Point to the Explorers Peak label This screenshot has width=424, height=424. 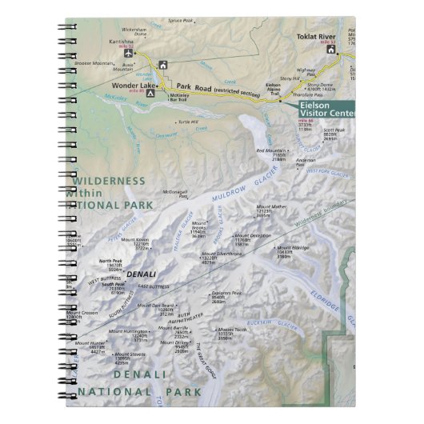click(226, 294)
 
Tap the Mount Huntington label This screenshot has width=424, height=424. click(129, 331)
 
